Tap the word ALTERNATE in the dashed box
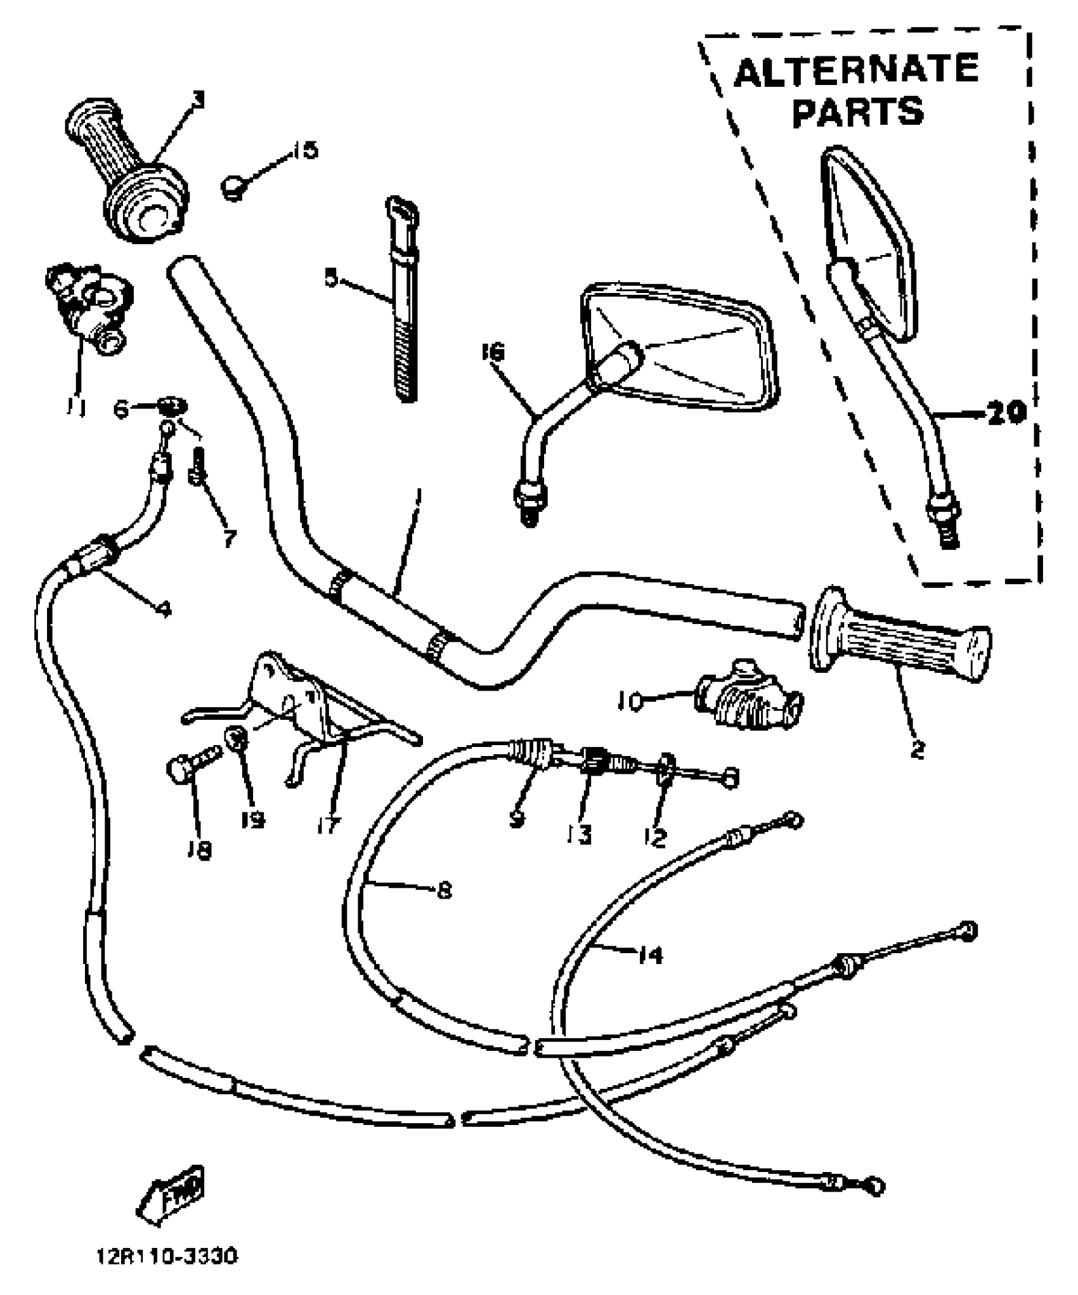[x=856, y=70]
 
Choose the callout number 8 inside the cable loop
[x=444, y=891]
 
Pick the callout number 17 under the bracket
[x=328, y=824]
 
